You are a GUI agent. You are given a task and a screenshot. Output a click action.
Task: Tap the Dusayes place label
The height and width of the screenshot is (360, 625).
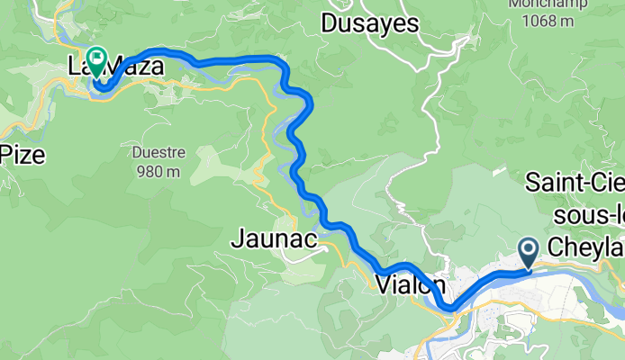[x=369, y=23]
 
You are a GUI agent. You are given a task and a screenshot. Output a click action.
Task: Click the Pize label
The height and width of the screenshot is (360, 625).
[x=22, y=154]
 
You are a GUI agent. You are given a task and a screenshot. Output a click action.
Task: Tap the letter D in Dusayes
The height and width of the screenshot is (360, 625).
[x=328, y=23]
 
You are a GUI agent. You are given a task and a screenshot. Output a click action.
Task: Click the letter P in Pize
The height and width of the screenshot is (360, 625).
[x=5, y=154]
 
